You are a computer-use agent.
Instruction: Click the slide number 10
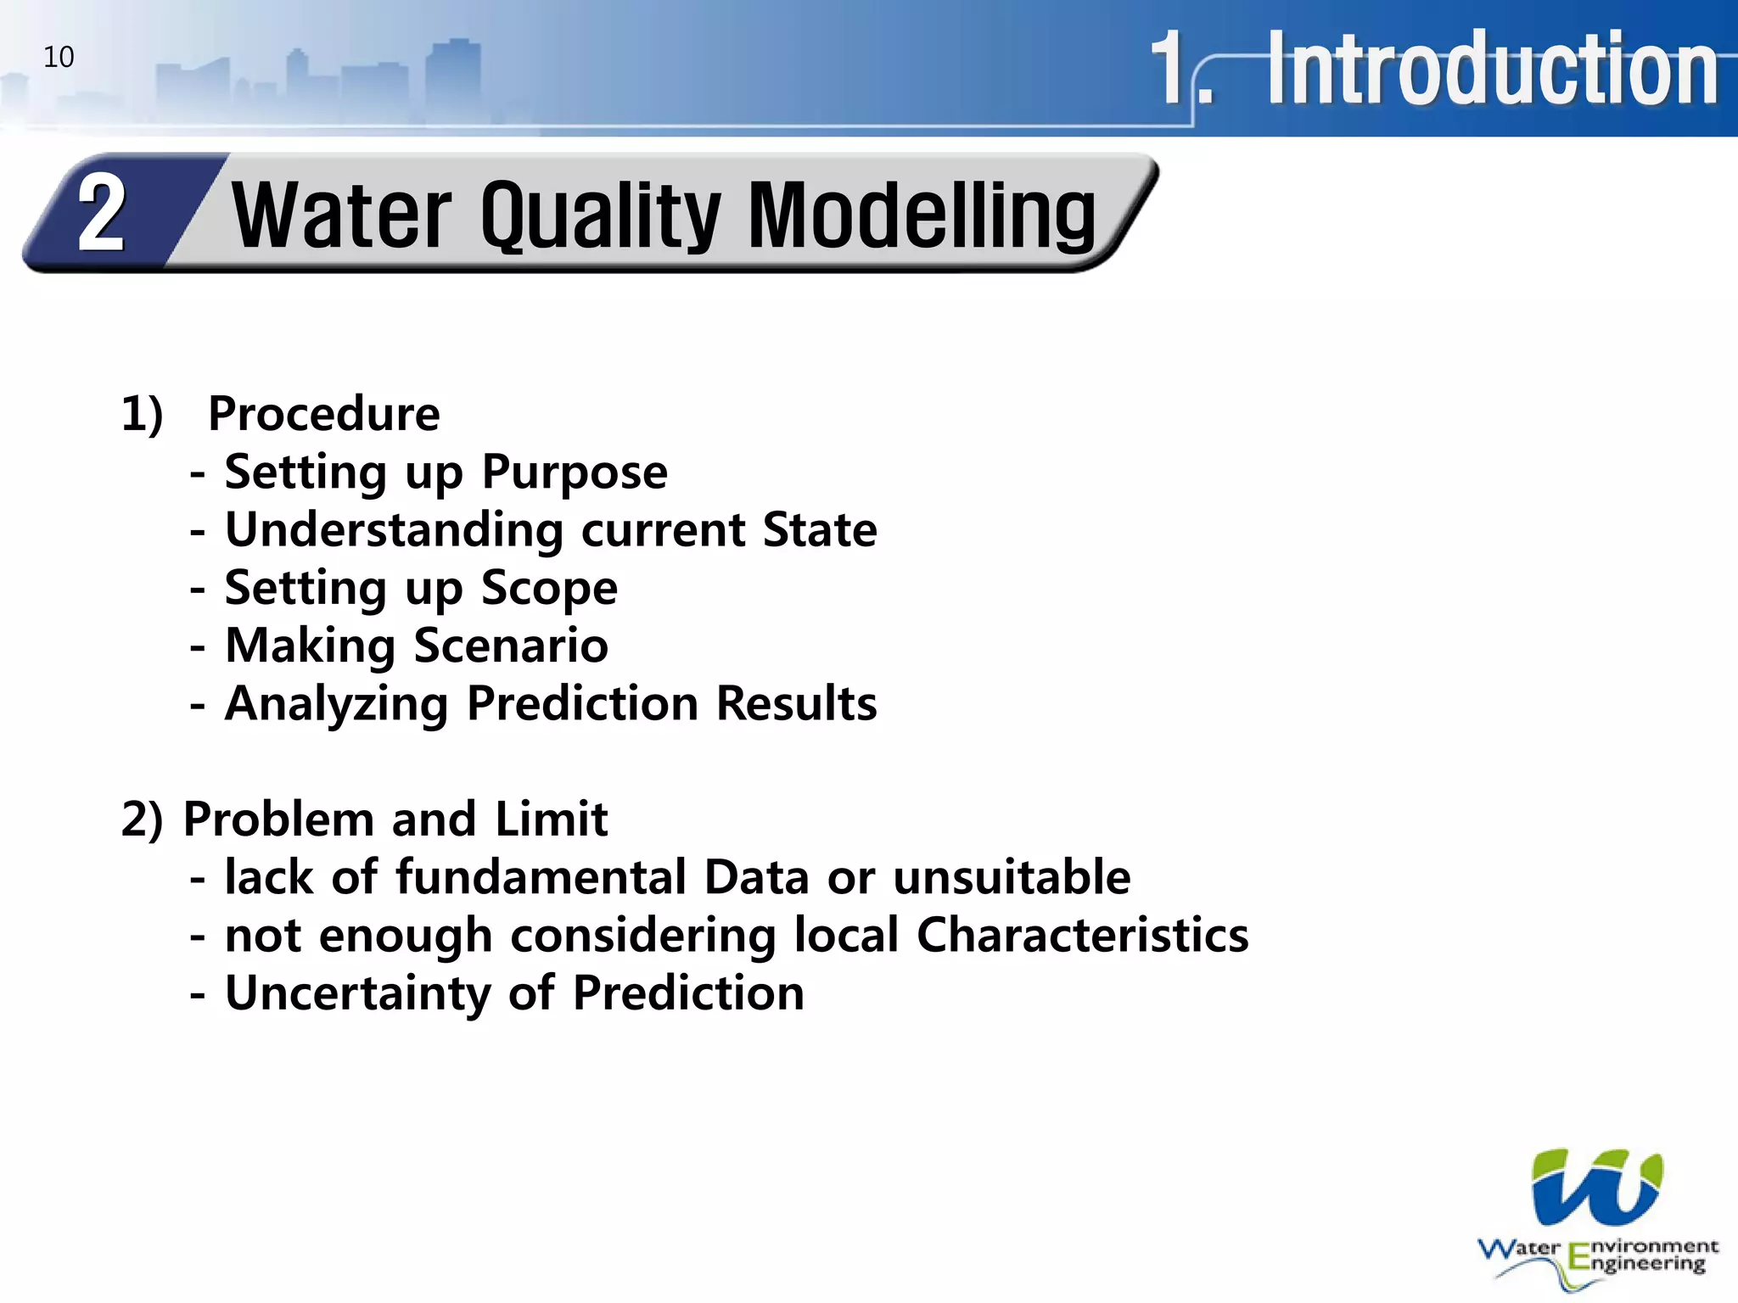tap(59, 57)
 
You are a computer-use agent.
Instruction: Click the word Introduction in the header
tap(1492, 70)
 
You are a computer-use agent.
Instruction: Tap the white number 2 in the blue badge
tap(101, 213)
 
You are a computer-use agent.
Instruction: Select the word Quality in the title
tap(600, 216)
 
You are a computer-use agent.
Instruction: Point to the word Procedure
tap(324, 414)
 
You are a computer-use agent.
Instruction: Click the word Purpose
tap(575, 473)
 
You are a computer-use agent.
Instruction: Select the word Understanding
tap(394, 530)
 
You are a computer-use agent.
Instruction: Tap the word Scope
tap(549, 589)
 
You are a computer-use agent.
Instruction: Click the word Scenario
tap(511, 646)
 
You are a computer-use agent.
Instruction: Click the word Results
tap(796, 703)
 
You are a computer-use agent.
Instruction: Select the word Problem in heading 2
tap(278, 819)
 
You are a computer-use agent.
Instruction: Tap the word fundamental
tap(541, 877)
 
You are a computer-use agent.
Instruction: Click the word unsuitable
tap(1012, 877)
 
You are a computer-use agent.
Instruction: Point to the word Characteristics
tap(1082, 936)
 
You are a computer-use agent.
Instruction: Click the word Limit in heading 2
tap(551, 819)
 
